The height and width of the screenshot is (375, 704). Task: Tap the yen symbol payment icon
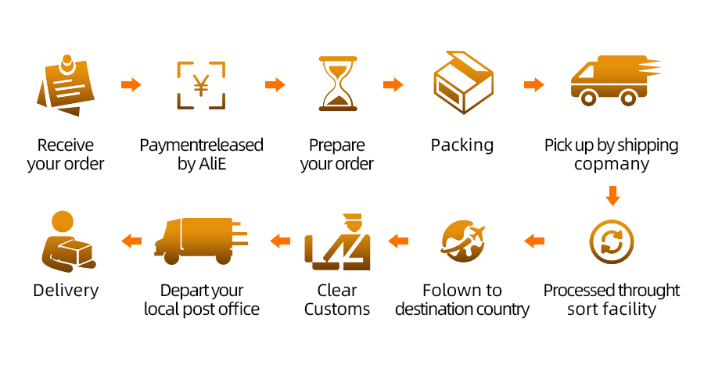click(201, 84)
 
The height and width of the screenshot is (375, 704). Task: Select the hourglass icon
click(338, 84)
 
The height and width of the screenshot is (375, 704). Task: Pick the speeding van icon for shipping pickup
click(614, 80)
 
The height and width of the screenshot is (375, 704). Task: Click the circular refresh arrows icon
click(612, 242)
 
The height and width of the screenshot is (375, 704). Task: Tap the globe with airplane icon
click(463, 241)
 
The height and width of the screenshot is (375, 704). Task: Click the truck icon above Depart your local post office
click(200, 239)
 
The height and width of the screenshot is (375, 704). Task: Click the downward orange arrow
click(612, 195)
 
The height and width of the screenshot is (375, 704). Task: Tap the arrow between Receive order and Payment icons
click(131, 84)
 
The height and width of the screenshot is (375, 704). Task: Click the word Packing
click(462, 145)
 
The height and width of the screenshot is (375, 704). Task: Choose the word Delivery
click(66, 291)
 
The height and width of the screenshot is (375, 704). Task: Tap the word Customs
click(337, 309)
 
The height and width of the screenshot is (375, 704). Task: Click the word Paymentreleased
click(201, 145)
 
